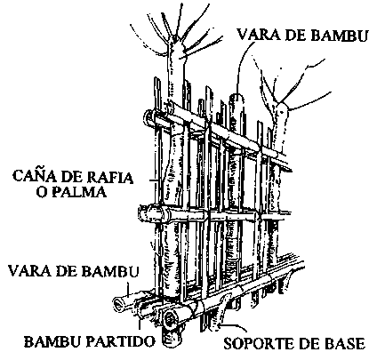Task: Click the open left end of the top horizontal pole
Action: [148, 117]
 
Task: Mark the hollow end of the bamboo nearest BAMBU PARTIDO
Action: [171, 319]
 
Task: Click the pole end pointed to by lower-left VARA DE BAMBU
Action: [120, 304]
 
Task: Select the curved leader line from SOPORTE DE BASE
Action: [234, 326]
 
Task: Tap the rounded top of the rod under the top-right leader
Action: [237, 97]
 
